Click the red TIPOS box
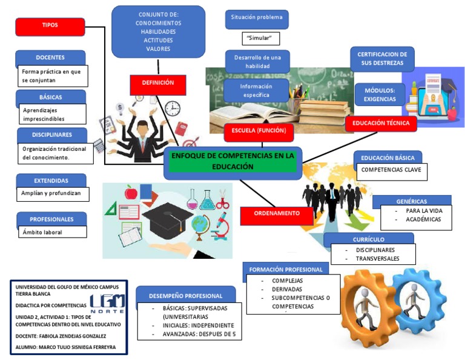50,26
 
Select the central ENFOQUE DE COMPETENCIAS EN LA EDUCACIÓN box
232,161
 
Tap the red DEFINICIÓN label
157,84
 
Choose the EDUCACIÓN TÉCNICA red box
381,124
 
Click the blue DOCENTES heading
50,58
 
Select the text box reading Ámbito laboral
51,232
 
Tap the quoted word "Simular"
259,39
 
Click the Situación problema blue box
257,18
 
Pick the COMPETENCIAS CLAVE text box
391,171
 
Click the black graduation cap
167,216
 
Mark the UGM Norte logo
107,303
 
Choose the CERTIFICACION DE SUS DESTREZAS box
383,59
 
